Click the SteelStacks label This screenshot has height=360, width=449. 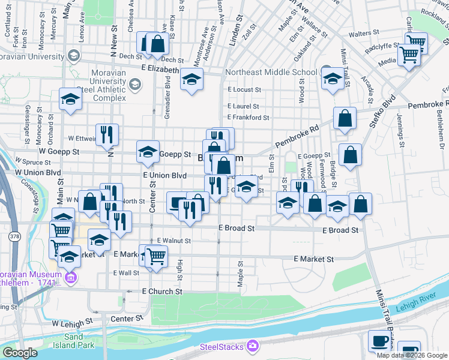click(222, 347)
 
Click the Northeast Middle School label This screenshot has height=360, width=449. click(271, 73)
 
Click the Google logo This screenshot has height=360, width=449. click(20, 353)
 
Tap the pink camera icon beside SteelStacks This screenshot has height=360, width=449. click(252, 347)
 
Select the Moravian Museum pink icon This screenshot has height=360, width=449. click(71, 278)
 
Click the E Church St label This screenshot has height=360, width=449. click(162, 292)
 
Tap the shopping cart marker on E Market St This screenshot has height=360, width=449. click(156, 256)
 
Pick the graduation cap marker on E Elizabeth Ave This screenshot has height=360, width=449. click(191, 80)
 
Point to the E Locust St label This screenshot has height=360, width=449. click(244, 89)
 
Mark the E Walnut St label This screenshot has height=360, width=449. click(173, 241)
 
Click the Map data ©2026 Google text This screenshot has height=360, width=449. click(411, 355)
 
